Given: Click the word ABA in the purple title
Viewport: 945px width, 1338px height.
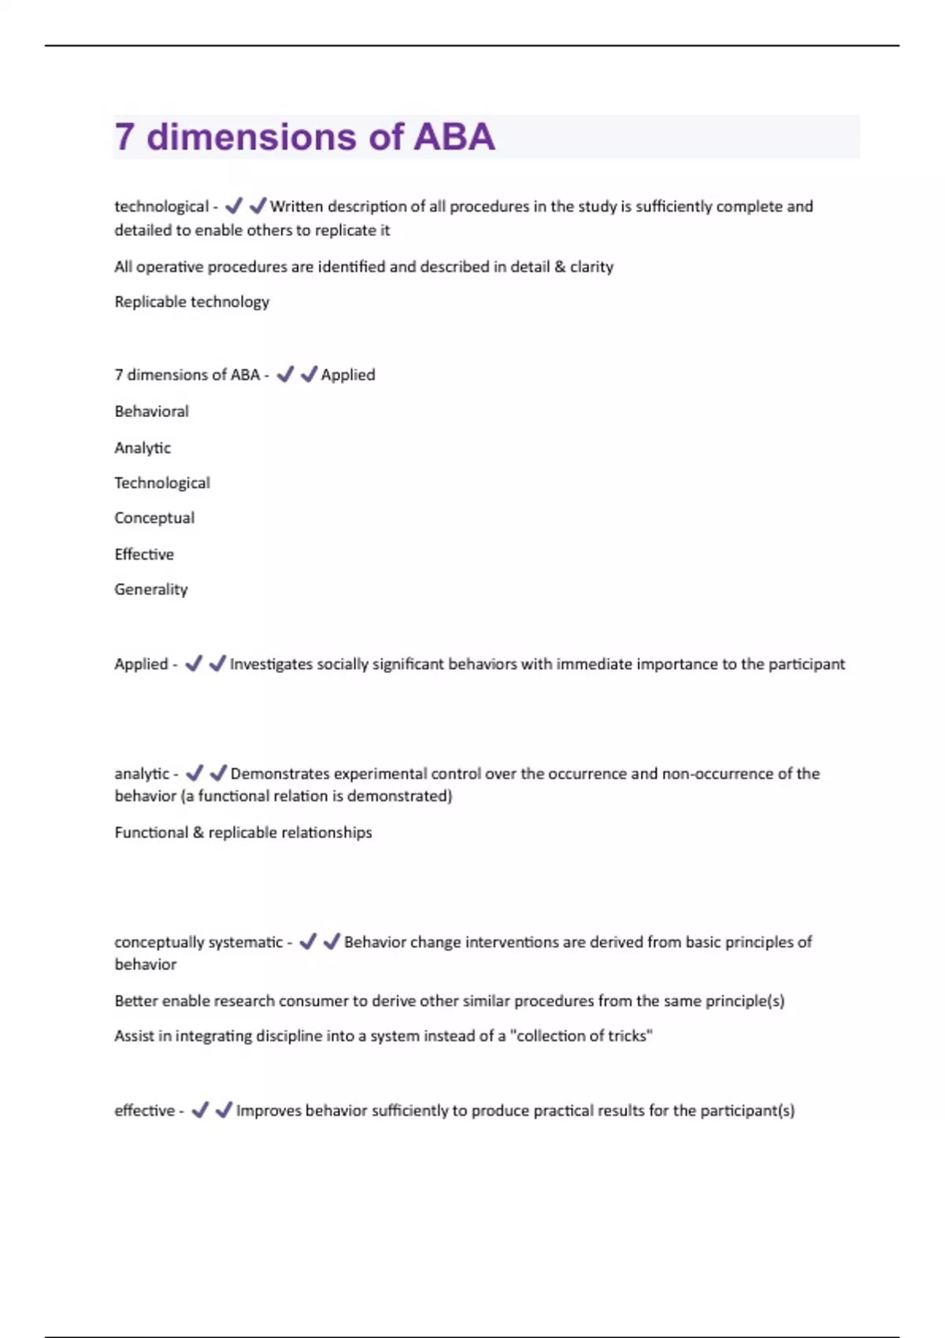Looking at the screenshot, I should pyautogui.click(x=454, y=137).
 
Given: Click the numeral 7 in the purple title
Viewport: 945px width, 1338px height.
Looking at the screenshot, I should pyautogui.click(x=124, y=137).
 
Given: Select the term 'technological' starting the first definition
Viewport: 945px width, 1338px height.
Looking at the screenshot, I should pyautogui.click(x=161, y=206).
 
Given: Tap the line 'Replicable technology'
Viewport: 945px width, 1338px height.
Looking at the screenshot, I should pyautogui.click(x=191, y=301).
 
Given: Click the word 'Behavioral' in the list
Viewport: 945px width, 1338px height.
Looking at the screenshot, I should pyautogui.click(x=151, y=411).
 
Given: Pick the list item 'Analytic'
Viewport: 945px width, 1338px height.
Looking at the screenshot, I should pyautogui.click(x=143, y=447).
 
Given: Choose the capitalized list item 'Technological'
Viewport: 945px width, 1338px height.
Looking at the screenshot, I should pyautogui.click(x=162, y=482).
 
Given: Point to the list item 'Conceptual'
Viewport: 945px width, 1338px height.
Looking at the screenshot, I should pyautogui.click(x=154, y=518).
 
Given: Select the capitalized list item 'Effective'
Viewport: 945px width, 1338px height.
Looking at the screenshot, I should pyautogui.click(x=144, y=554).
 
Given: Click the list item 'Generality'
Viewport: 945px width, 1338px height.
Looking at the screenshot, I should pyautogui.click(x=151, y=589).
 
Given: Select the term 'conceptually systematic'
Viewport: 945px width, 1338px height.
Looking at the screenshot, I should pyautogui.click(x=198, y=941).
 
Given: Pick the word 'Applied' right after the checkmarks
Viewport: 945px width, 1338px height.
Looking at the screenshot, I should pyautogui.click(x=348, y=375).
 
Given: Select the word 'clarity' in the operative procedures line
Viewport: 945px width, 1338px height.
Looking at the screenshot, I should pyautogui.click(x=591, y=266).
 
